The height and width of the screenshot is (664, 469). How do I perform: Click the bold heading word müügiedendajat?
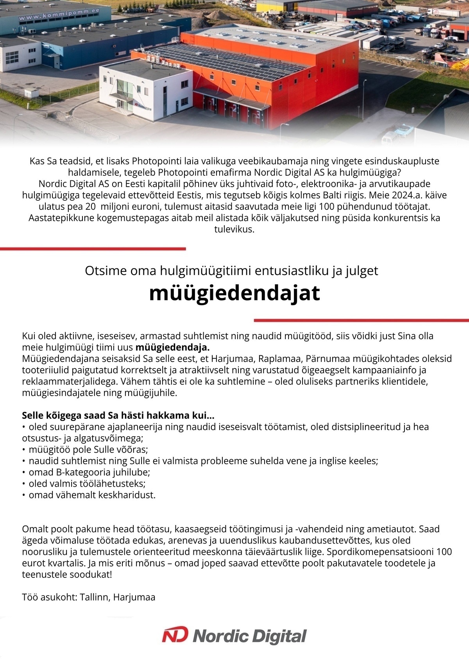(x=234, y=293)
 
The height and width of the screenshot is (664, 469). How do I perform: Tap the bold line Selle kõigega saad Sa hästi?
(x=118, y=415)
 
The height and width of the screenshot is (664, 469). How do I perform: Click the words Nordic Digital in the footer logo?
(x=250, y=636)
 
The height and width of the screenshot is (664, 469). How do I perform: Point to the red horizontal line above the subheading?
(x=93, y=248)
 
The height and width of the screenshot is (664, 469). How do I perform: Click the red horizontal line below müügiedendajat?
(x=361, y=320)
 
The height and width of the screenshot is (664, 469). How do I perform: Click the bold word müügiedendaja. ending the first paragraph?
(x=172, y=347)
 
